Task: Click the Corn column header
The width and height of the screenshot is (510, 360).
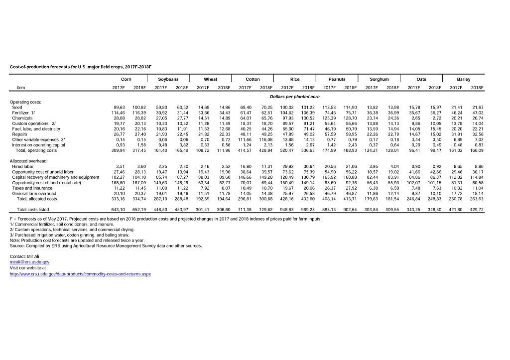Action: pos(126,79)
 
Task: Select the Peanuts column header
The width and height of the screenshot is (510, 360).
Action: pos(337,79)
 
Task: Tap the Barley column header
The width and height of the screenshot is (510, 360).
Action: pos(463,79)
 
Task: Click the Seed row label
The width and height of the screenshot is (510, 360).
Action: pos(17,107)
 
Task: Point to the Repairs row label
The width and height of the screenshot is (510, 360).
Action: pos(20,134)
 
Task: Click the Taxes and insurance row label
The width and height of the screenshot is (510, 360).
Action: pos(32,188)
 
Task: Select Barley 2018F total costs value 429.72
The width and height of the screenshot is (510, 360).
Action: pos(477,210)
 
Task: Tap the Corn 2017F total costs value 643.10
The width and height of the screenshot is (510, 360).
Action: pos(119,210)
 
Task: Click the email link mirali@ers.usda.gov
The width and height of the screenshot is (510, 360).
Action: pos(29,261)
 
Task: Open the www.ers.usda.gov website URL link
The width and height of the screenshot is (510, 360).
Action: pos(80,274)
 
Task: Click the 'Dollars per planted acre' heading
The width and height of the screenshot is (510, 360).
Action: pos(294,96)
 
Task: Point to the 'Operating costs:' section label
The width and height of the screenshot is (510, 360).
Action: pos(25,102)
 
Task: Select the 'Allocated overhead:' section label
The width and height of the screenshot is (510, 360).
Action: pos(28,161)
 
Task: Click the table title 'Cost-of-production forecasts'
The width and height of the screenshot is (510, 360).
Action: pos(80,66)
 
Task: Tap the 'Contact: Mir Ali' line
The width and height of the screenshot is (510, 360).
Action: pos(25,256)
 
